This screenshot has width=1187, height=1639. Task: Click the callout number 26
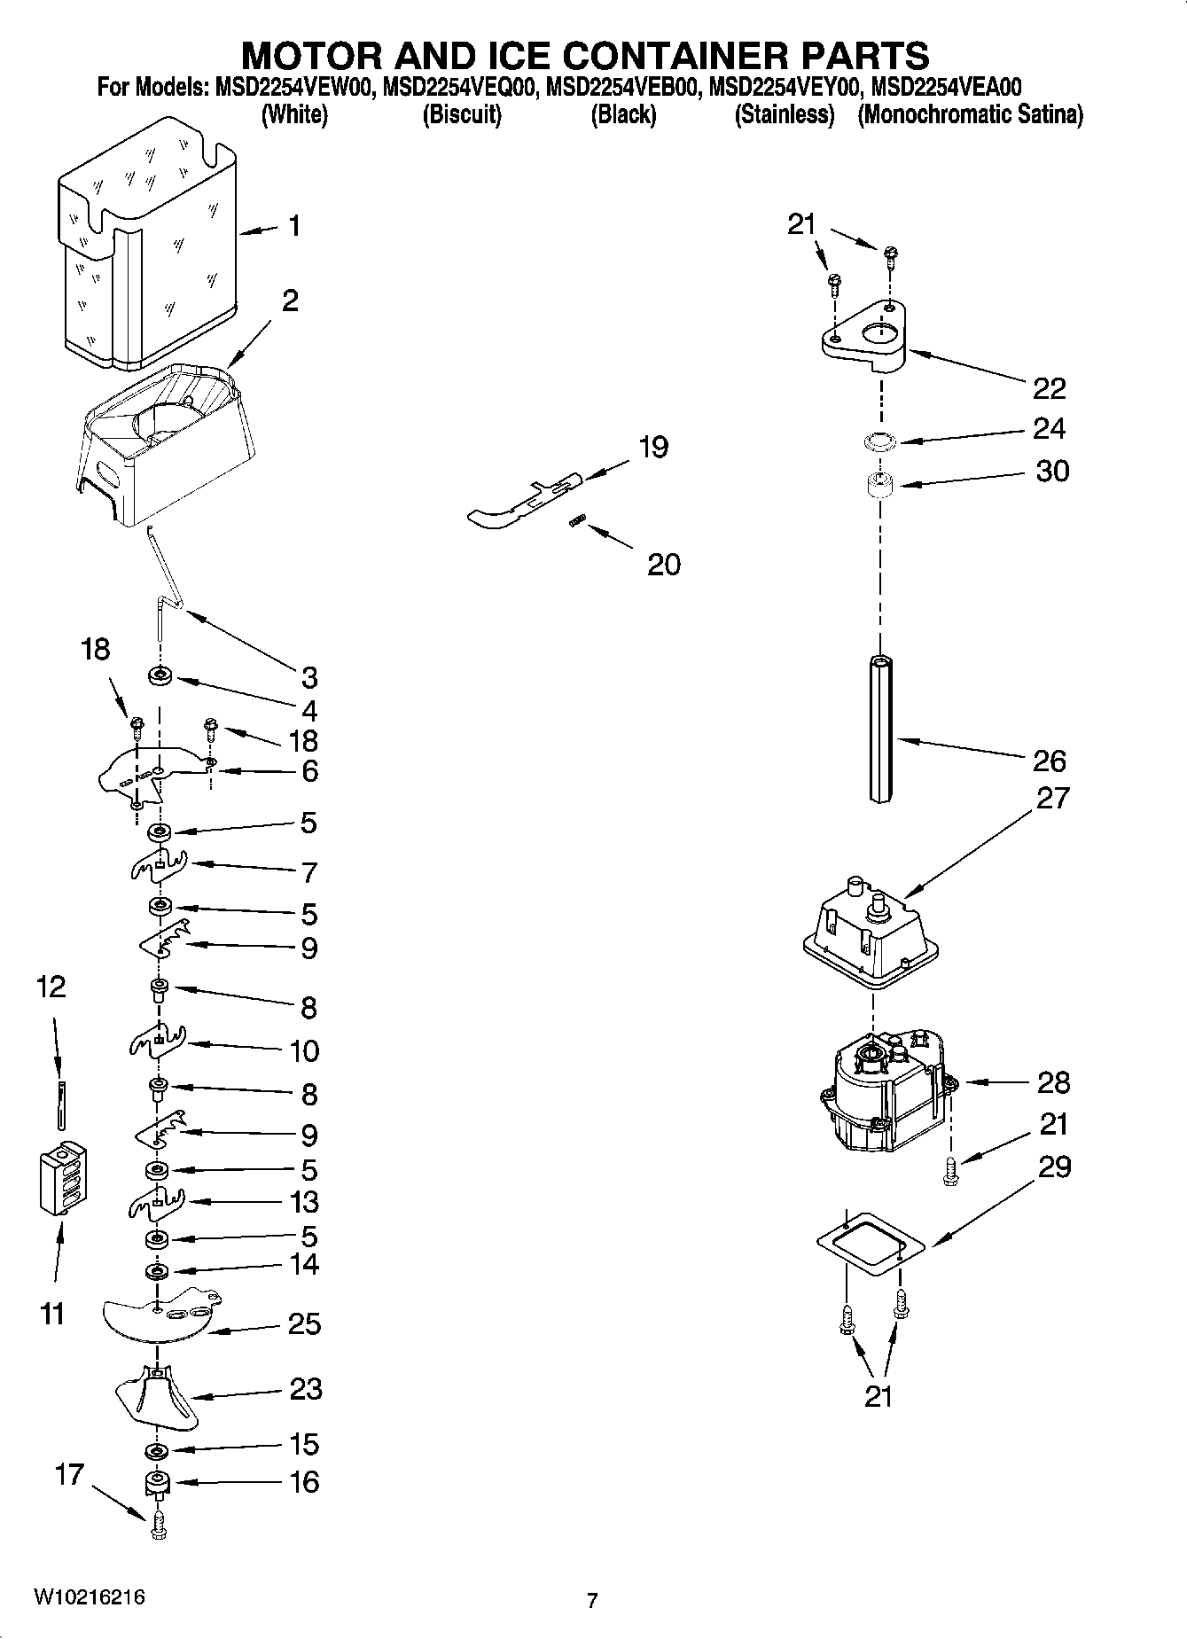(x=1049, y=761)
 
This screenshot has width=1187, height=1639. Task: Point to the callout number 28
(x=1053, y=1082)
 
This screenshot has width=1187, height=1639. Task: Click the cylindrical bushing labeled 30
(x=879, y=487)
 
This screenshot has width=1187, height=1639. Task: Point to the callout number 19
(x=653, y=447)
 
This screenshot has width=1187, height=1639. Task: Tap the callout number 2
(x=290, y=300)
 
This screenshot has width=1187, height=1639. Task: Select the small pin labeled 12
(x=60, y=1104)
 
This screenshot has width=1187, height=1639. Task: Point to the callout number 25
(x=304, y=1324)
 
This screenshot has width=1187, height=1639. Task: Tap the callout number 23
(x=306, y=1388)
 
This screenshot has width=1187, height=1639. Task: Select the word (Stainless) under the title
(x=785, y=114)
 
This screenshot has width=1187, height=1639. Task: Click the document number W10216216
(x=90, y=1597)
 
